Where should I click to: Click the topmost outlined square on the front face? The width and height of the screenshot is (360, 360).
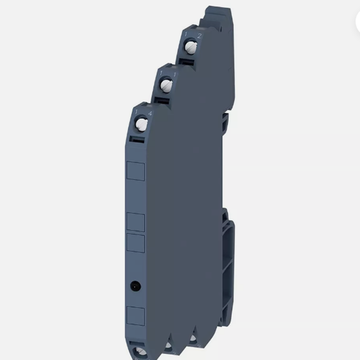pos(136,171)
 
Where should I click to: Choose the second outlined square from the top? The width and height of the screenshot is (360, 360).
pos(136,222)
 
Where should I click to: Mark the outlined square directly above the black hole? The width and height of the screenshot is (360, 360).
pos(136,243)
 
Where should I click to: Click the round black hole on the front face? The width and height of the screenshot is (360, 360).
pos(134,284)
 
